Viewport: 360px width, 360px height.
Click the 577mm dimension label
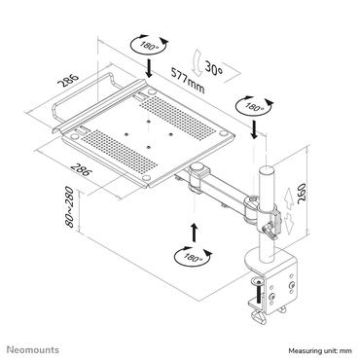coord(188,80)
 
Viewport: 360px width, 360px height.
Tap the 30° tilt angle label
coord(214,68)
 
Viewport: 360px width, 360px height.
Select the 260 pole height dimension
coord(302,194)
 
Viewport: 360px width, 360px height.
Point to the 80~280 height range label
coord(70,207)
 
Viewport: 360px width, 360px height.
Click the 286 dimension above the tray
coord(68,81)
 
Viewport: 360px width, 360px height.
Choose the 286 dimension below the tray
coord(80,170)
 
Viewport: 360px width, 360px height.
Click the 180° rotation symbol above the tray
coord(150,46)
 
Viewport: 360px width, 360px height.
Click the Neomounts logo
coord(33,349)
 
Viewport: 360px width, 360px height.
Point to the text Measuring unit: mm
coord(320,350)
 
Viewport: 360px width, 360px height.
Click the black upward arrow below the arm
coord(194,233)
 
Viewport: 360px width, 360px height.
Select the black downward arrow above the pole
coord(254,129)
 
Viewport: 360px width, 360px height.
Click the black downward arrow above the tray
coord(149,68)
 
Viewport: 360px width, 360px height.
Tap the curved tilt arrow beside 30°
coord(197,62)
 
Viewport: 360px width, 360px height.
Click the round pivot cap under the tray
coord(198,168)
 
